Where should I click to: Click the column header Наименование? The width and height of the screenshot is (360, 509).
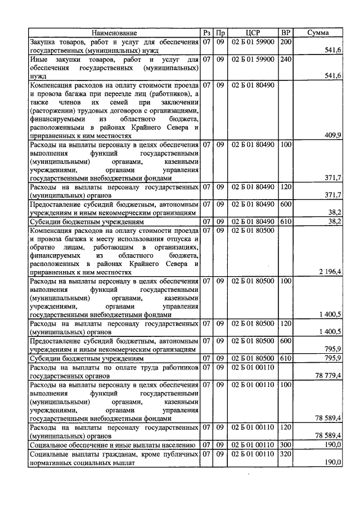[x=114, y=33]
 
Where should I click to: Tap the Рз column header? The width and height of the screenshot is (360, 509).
[x=206, y=33]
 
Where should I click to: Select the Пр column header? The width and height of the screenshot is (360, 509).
[x=221, y=33]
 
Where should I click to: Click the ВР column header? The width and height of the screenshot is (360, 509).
[x=286, y=33]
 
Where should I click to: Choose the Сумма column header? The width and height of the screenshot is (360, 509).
[x=318, y=33]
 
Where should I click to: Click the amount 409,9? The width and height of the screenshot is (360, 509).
[x=332, y=135]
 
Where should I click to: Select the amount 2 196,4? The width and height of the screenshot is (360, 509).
[x=328, y=272]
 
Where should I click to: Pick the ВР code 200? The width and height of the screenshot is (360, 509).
[x=286, y=42]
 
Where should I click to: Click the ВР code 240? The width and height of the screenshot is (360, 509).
[x=286, y=59]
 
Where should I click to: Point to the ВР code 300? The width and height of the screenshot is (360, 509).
[x=286, y=444]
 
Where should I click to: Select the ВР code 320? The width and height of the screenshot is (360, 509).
[x=286, y=453]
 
